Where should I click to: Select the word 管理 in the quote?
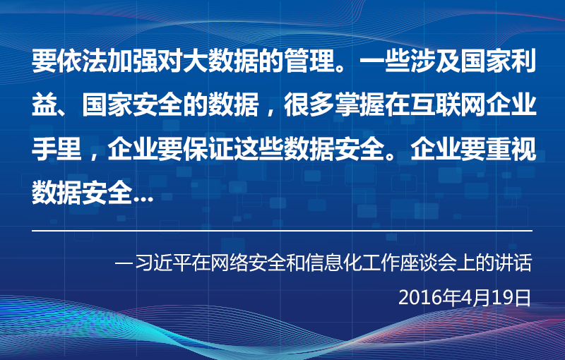click(310, 61)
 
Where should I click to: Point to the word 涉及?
click(436, 61)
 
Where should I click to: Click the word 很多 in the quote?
click(310, 105)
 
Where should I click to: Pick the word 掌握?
click(360, 105)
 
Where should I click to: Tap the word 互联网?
click(448, 105)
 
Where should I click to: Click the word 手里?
click(57, 149)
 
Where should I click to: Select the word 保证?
click(209, 149)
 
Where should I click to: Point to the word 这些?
click(259, 149)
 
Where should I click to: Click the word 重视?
click(511, 149)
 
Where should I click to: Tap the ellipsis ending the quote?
click(143, 199)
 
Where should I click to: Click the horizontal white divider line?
click(282, 231)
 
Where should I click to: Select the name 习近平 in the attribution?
click(163, 263)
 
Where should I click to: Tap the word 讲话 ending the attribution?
click(513, 263)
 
